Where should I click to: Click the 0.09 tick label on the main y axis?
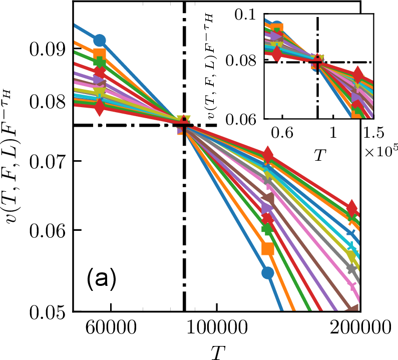point(47,50)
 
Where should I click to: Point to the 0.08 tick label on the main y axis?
point(47,104)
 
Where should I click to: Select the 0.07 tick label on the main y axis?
point(47,161)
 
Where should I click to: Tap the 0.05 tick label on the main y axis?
point(47,311)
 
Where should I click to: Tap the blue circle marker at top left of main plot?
point(100,40)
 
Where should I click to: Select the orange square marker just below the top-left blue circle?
point(100,55)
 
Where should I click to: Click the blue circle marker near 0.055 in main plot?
point(268,272)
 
